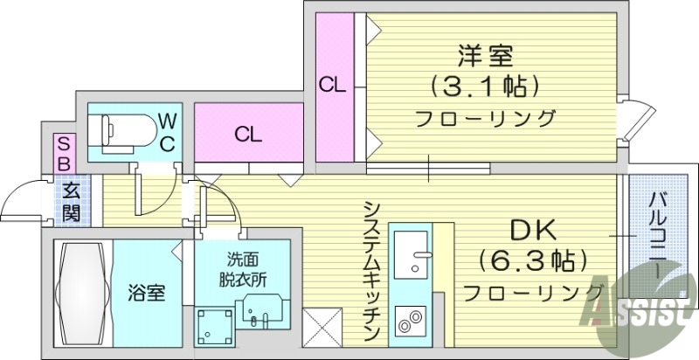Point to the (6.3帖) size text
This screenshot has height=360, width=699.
tap(532, 260)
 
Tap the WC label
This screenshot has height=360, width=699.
tap(169, 130)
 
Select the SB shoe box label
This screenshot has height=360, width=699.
tap(64, 152)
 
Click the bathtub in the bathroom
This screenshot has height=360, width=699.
tap(83, 294)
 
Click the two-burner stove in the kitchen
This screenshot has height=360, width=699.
tap(410, 324)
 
